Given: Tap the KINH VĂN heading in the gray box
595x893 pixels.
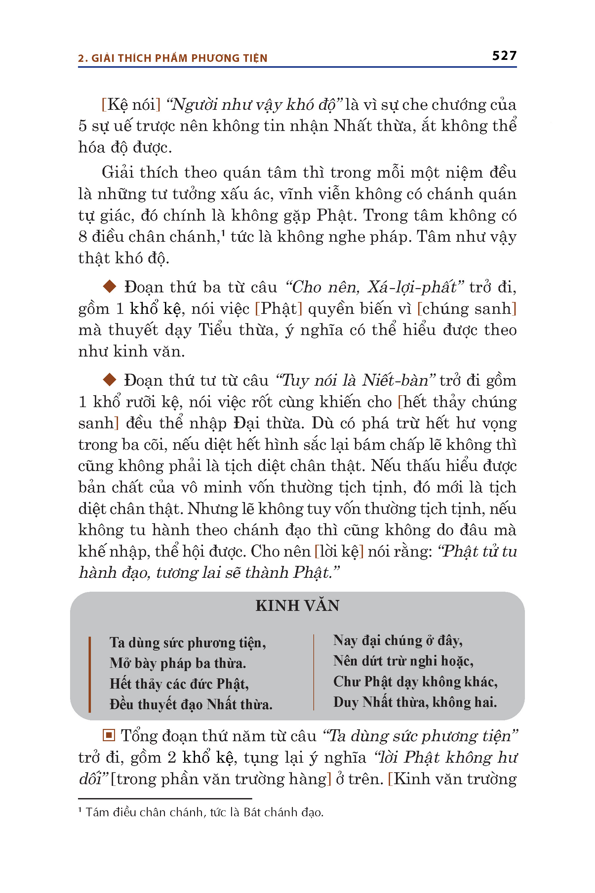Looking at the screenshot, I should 297,606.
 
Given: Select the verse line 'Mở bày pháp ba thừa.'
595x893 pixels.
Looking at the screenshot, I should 178,663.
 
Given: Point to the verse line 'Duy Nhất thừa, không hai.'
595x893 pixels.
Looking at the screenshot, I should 415,702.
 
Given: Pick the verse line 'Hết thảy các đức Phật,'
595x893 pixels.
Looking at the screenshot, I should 179,683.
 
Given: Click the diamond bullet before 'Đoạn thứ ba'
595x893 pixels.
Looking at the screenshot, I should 110,286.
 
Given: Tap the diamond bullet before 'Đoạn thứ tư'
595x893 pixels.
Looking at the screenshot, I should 110,379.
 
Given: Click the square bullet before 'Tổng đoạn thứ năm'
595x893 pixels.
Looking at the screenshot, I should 108,736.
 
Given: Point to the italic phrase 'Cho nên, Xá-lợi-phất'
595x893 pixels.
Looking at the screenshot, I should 375,287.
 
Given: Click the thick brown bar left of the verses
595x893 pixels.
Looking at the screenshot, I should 90,674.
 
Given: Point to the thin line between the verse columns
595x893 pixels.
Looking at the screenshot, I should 314,672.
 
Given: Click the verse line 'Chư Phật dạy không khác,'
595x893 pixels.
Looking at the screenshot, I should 415,682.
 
